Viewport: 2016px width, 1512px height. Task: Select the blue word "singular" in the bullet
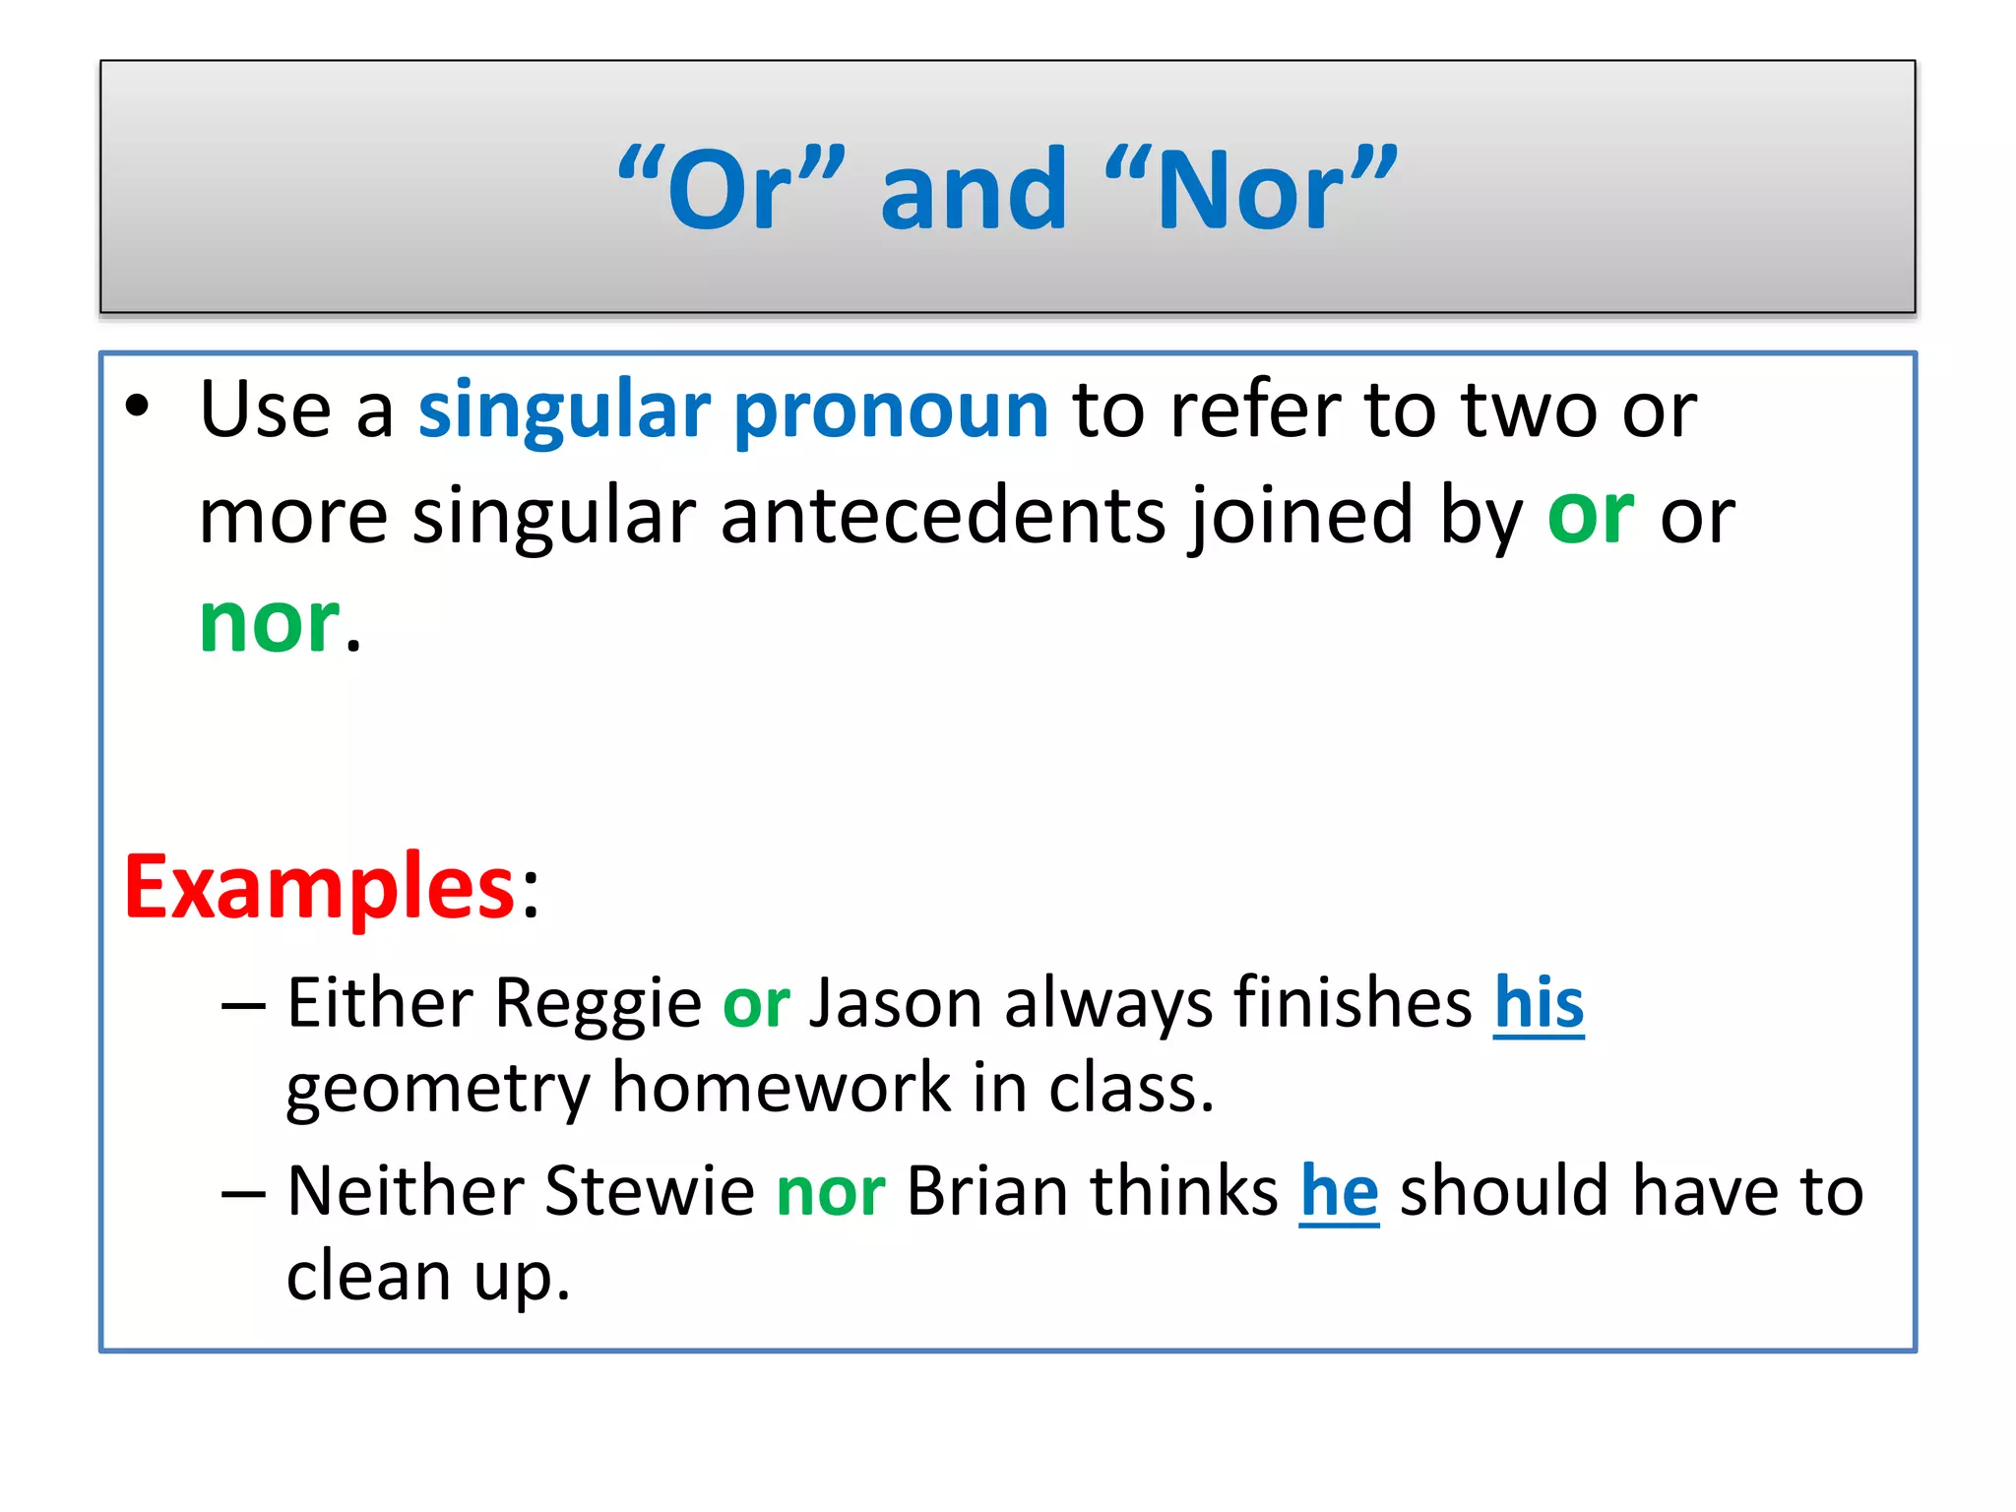click(564, 410)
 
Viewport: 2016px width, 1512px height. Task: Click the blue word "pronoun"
click(891, 410)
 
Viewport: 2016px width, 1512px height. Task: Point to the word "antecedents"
click(942, 516)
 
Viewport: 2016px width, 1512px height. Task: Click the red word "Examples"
click(319, 887)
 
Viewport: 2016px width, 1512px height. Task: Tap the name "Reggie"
click(598, 1004)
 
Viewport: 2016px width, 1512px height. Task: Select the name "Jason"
click(895, 1004)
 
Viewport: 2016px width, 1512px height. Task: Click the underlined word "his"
click(1539, 1004)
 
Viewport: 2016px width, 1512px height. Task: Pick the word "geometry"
click(437, 1090)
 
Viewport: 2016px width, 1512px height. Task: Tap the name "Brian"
click(986, 1191)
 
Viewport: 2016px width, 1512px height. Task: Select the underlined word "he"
click(1339, 1191)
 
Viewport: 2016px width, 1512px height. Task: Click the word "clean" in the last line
click(368, 1277)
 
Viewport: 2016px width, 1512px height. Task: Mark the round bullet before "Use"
click(138, 407)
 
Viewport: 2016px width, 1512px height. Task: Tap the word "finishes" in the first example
click(1353, 1004)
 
